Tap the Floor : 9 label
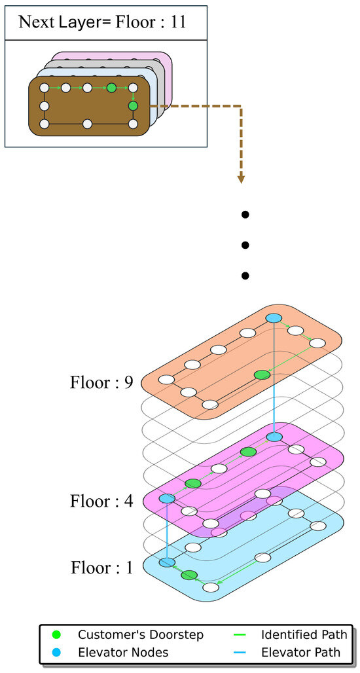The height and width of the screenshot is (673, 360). [x=101, y=382]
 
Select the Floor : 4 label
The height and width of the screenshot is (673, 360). [x=101, y=501]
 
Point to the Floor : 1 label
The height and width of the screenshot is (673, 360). [x=101, y=568]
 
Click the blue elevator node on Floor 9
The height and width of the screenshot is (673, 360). [x=274, y=318]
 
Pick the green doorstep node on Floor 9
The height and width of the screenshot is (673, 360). [x=262, y=374]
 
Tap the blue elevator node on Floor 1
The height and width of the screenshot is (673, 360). [x=168, y=562]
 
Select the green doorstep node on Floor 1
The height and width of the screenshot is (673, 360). [x=189, y=575]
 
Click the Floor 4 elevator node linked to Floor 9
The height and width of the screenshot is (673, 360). [x=274, y=436]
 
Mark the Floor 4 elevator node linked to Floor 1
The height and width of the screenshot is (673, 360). [x=167, y=499]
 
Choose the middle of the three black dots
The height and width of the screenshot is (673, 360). [x=245, y=245]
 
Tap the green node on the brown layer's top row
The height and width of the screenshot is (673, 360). [x=111, y=87]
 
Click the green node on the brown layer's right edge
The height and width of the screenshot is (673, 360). [x=133, y=105]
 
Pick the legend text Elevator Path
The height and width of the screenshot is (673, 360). [x=301, y=652]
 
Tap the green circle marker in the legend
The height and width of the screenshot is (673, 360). [x=56, y=634]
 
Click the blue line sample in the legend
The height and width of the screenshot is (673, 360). [x=243, y=652]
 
